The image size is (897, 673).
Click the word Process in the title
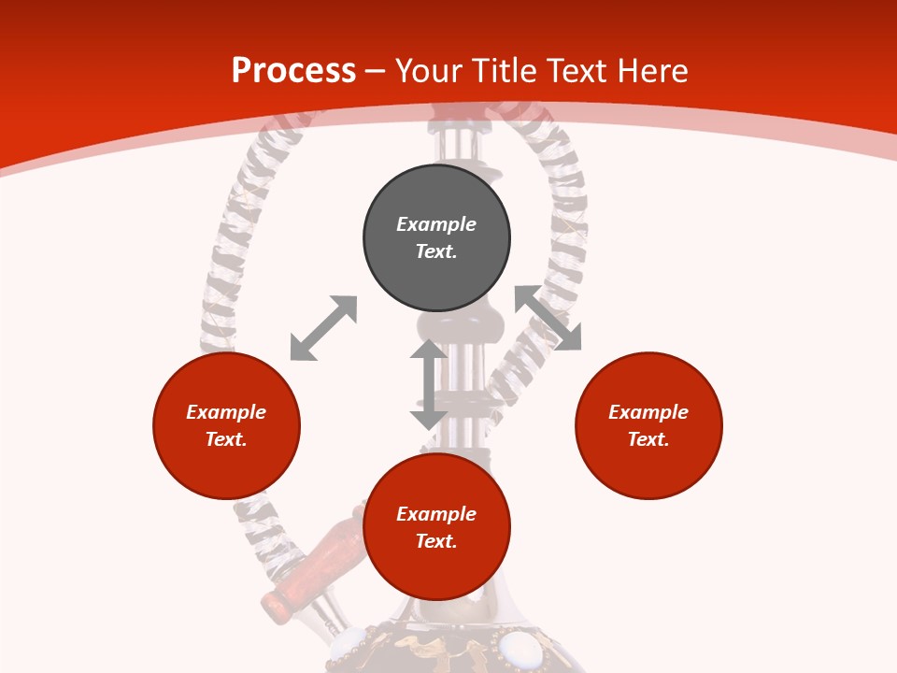click(293, 71)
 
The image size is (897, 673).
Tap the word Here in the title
click(652, 71)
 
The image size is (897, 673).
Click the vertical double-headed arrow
click(428, 384)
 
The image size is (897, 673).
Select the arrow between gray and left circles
click(323, 328)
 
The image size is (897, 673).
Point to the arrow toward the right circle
click(548, 318)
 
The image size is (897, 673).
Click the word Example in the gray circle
click(436, 224)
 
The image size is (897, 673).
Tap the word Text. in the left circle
click(226, 439)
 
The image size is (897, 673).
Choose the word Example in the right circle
click(648, 412)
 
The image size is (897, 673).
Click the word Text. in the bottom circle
click(436, 541)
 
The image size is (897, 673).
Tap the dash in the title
click(375, 71)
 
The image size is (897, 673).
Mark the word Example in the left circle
click(226, 412)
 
